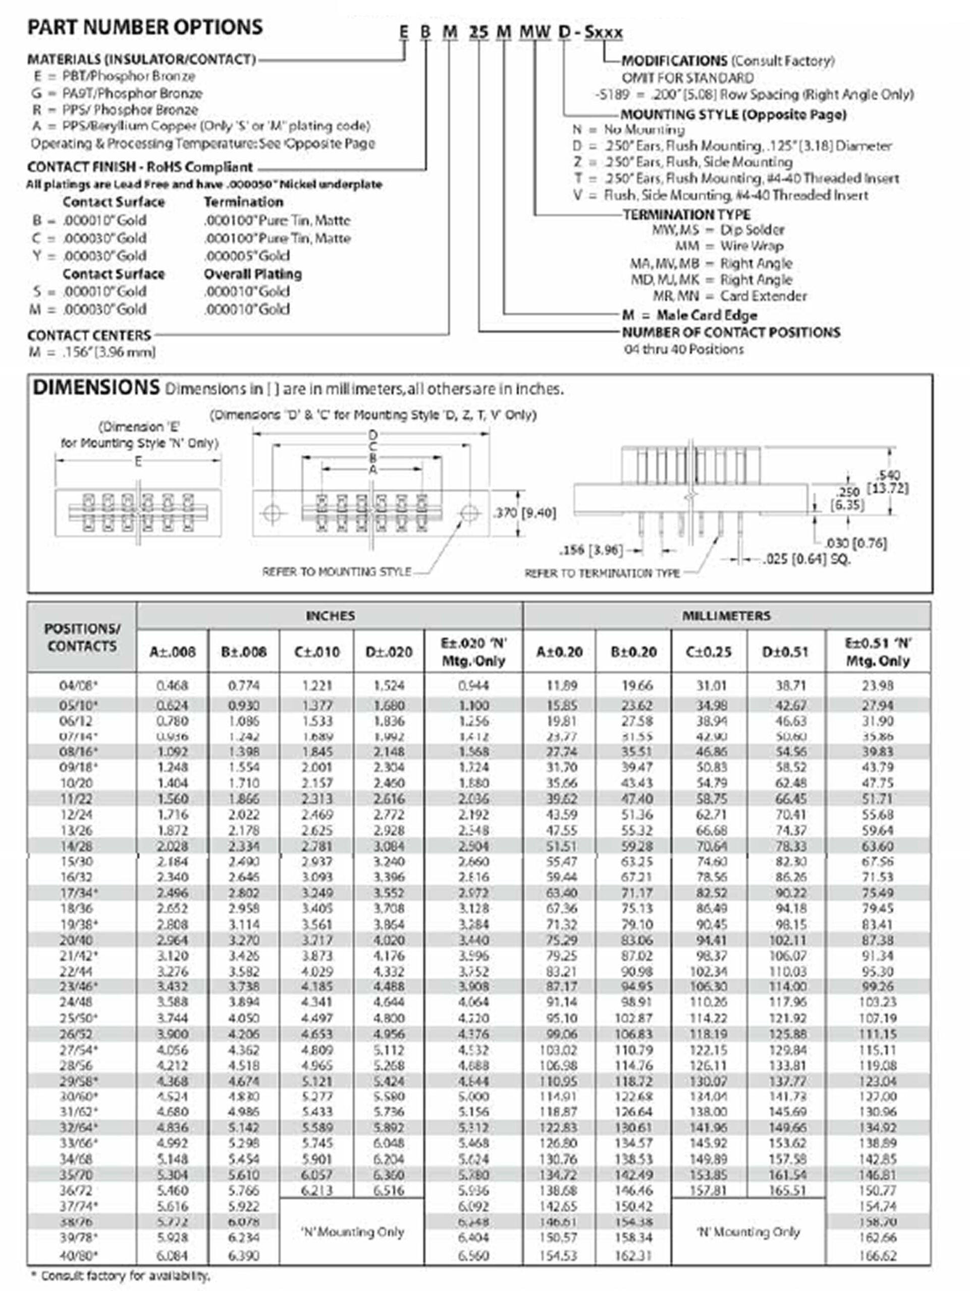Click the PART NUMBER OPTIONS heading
point(145,27)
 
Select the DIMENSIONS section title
point(96,387)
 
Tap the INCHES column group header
point(330,616)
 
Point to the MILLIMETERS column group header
point(726,616)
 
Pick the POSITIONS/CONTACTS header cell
point(82,637)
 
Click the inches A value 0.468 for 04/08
point(172,685)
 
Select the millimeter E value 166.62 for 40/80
point(878,1255)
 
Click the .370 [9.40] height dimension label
point(524,513)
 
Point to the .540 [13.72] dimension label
point(888,482)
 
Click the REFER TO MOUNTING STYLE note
point(337,571)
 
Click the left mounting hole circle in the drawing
point(272,513)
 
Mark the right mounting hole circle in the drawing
point(469,513)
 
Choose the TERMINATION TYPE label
point(686,214)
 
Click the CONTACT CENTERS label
point(89,335)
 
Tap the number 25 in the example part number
point(478,32)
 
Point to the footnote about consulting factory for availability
point(120,1276)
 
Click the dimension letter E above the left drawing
point(138,461)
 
